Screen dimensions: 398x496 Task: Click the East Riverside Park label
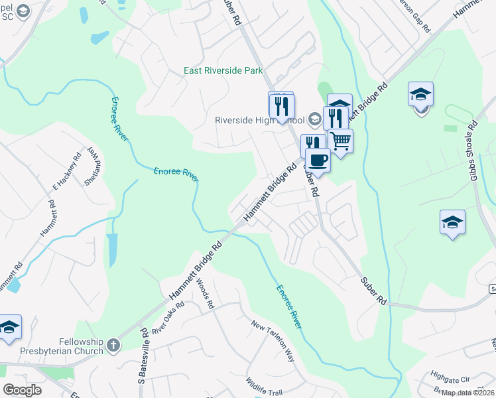[x=223, y=70]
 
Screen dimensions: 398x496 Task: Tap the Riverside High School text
[x=259, y=120]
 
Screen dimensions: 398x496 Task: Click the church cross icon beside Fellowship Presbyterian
[x=113, y=345]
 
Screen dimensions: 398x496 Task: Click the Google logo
[x=22, y=390]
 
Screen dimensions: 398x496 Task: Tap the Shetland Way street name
[x=92, y=169]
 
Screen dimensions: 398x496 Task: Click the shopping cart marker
[x=340, y=141]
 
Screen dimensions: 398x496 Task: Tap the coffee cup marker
[x=318, y=161]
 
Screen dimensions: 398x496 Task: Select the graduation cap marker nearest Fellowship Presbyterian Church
[x=9, y=328]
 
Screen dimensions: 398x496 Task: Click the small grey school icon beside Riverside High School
[x=314, y=120]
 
